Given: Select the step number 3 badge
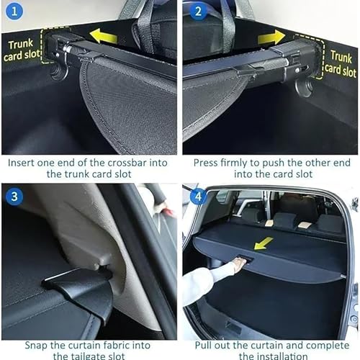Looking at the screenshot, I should coord(16,195).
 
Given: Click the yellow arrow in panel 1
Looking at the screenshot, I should coord(103,35).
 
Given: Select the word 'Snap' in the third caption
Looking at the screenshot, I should coord(24,342).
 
